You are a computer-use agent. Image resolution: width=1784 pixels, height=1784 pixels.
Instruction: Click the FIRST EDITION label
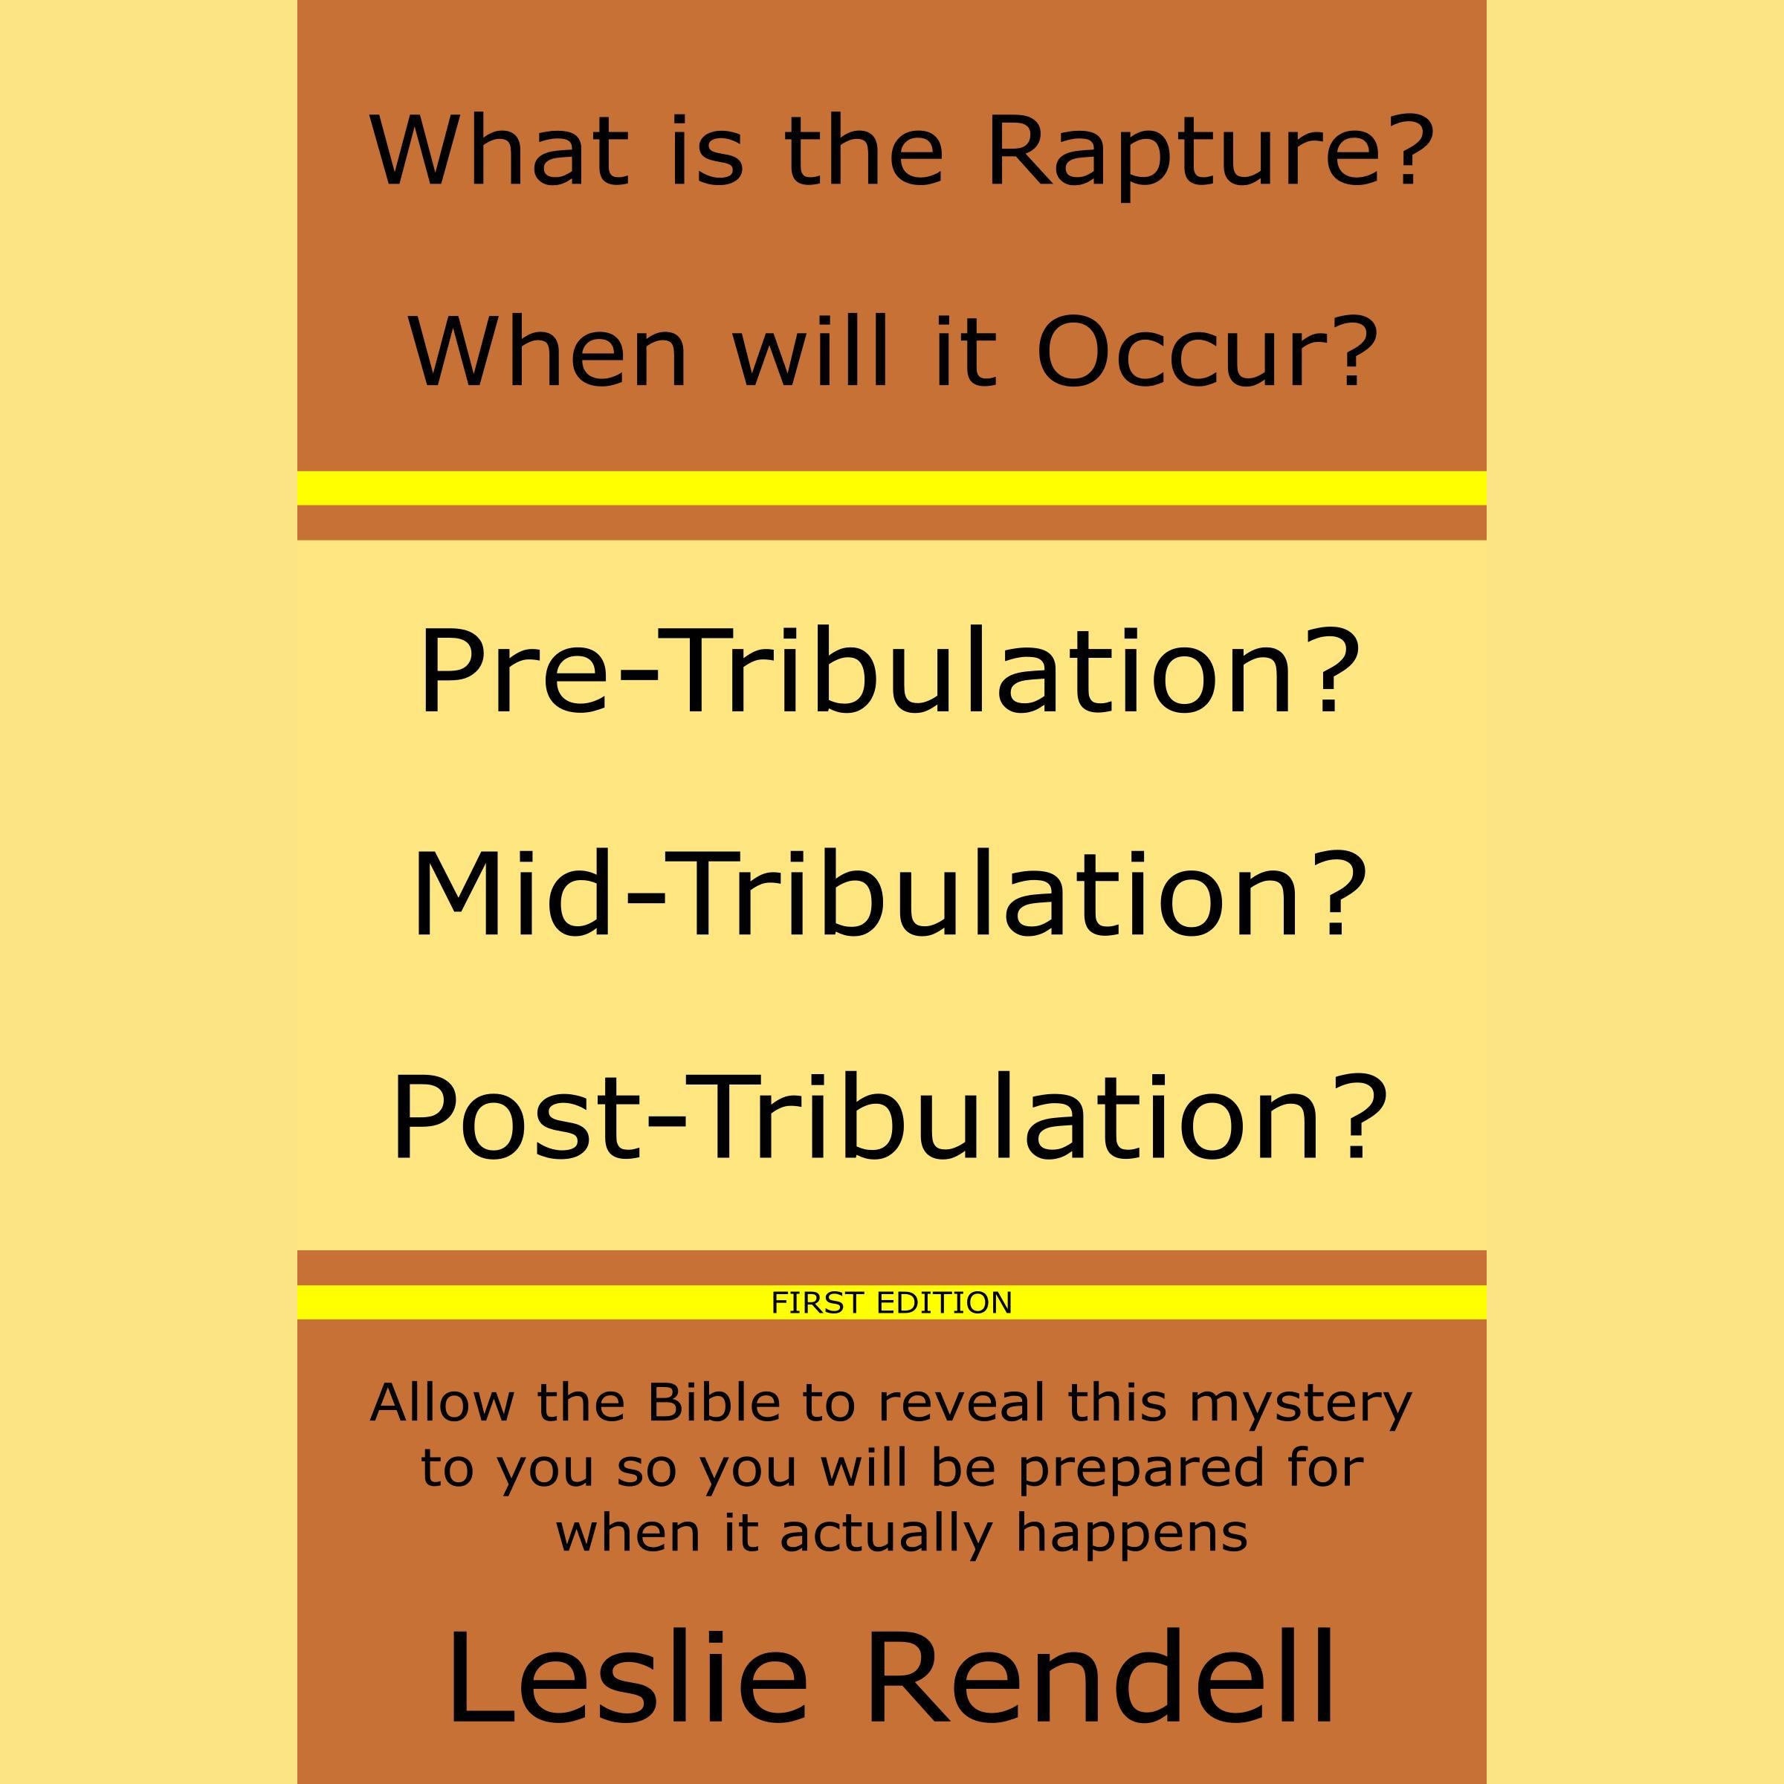coord(891,1303)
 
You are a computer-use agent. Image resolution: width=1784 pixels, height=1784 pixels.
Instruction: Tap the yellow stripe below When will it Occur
coord(891,488)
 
